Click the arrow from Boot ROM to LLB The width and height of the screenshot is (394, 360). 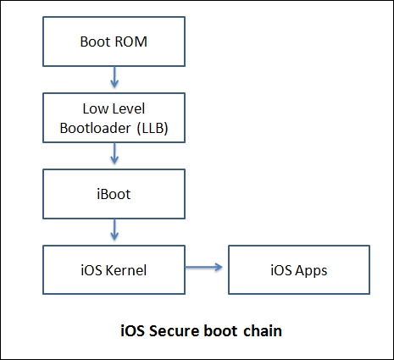click(114, 79)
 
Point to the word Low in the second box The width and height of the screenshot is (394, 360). click(94, 108)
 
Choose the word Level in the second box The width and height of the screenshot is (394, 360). click(127, 108)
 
